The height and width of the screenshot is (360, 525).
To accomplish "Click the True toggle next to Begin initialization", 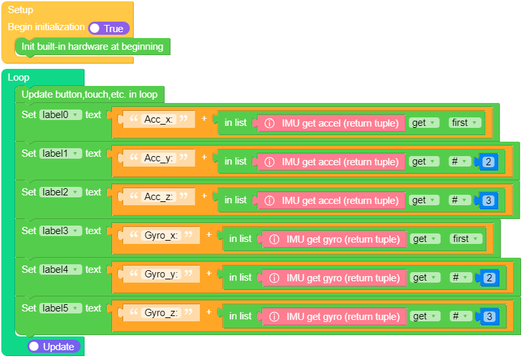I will pos(109,28).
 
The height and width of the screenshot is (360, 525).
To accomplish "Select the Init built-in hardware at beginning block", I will pos(92,47).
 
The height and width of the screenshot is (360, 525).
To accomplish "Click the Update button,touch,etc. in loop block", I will pos(89,94).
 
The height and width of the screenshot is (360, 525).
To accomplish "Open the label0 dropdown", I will pos(60,115).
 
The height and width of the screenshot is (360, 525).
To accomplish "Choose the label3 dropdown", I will pos(60,231).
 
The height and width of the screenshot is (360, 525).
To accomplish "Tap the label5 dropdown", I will pos(60,308).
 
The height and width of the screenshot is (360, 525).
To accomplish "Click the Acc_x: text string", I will pos(159,119).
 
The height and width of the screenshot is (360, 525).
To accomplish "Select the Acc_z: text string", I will pos(159,197).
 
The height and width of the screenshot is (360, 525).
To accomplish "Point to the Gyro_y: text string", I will pos(161,274).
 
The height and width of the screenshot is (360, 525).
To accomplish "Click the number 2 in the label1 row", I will pos(488,162).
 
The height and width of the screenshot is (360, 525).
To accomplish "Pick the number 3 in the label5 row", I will pos(488,317).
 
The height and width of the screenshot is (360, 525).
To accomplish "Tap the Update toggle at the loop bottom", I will pos(54,346).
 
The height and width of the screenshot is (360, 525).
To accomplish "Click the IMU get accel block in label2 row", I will pos(331,201).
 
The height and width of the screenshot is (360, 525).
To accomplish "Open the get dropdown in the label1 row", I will pos(423,162).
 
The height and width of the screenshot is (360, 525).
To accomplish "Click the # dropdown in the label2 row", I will pos(459,201).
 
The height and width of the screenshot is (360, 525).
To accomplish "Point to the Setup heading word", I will pos(20,10).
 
